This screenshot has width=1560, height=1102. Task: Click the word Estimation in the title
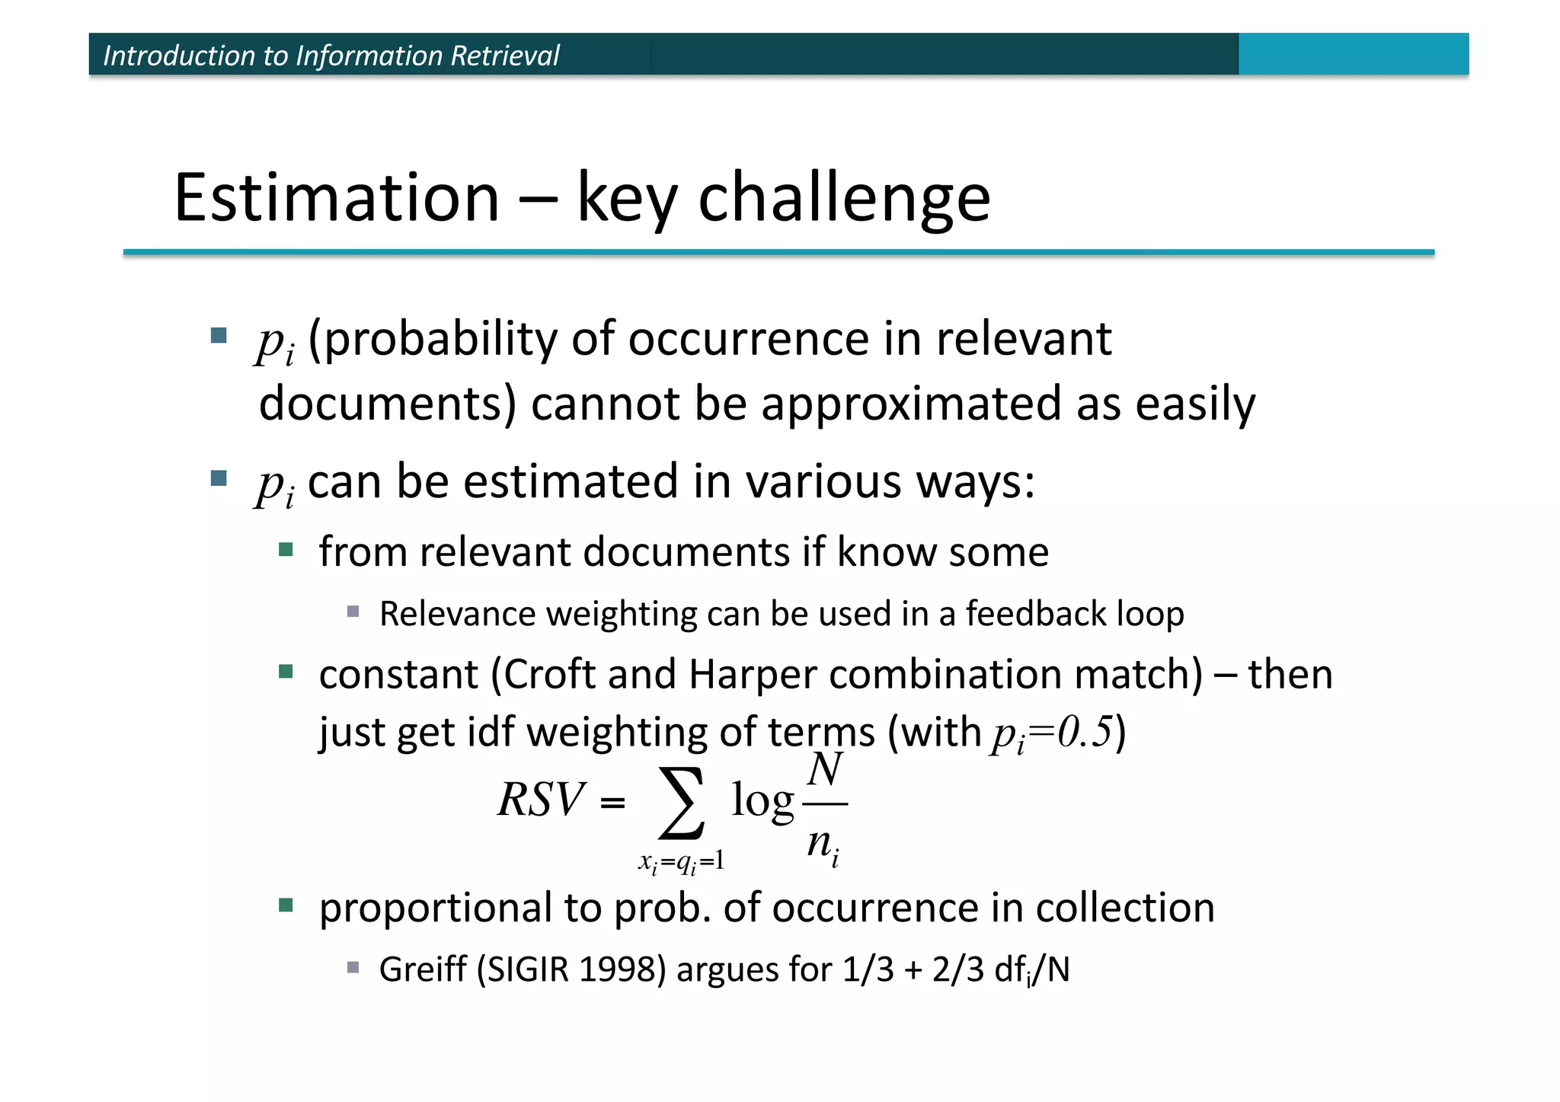(336, 197)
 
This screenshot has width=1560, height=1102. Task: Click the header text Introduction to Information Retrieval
(331, 56)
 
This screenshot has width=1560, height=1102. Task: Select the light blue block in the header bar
(1353, 54)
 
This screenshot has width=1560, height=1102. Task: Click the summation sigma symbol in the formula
(680, 802)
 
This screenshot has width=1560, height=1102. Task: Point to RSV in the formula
(541, 800)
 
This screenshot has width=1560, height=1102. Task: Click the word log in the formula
(762, 802)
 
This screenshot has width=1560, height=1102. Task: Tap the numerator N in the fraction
(825, 770)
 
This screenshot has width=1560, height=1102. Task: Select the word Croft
(548, 675)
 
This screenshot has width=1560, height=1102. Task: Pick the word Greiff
(423, 969)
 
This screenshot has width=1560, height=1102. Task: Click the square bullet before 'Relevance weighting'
(353, 612)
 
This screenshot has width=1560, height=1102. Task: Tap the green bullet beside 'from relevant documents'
(286, 550)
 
